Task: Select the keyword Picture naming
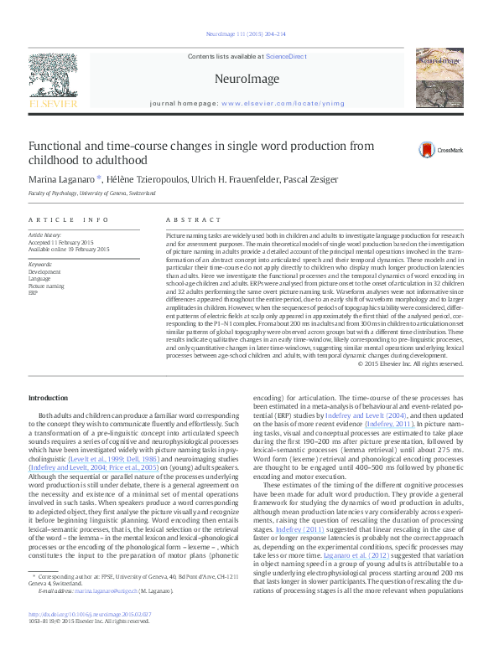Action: pos(46,286)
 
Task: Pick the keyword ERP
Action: pos(34,293)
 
